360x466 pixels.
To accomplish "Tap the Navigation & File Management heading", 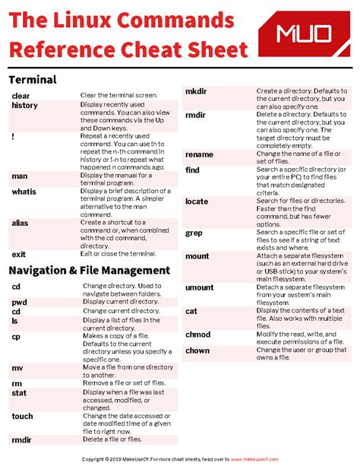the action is (89, 270).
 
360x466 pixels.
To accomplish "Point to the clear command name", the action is (21, 96).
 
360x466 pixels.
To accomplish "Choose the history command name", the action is (24, 106).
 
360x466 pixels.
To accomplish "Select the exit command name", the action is (18, 255).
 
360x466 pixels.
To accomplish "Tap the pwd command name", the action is (19, 302).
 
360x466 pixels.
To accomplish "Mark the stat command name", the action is (18, 393).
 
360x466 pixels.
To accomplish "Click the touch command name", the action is (22, 417).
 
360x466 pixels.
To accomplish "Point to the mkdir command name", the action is (197, 91).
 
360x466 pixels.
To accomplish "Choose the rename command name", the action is (199, 154).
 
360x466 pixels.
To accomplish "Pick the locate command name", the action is (197, 201).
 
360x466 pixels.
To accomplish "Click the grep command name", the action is (194, 233).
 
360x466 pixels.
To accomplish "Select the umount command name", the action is (200, 287).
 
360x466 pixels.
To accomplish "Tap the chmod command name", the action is (197, 334).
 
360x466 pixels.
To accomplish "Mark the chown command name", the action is (197, 350).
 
